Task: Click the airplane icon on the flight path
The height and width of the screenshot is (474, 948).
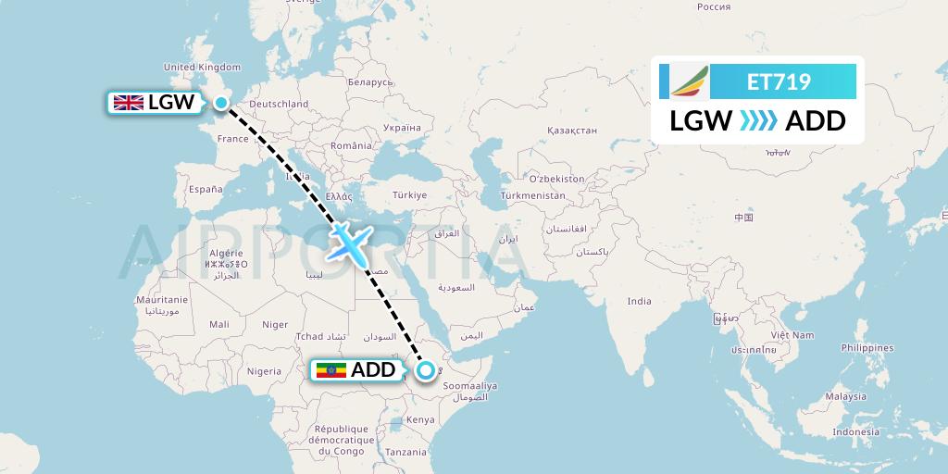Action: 349,242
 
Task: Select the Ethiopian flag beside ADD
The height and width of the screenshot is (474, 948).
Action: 331,371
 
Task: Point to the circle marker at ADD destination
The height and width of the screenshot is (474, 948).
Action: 425,371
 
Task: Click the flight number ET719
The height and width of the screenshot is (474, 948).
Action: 779,82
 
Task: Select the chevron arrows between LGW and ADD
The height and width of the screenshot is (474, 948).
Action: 758,121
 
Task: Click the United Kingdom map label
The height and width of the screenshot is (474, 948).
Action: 202,67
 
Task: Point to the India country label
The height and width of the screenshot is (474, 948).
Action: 639,301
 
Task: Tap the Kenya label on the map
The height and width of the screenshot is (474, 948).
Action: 421,419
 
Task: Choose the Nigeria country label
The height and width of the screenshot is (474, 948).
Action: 264,371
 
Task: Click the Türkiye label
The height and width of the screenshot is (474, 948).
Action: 409,195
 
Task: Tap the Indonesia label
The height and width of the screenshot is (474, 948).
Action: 855,432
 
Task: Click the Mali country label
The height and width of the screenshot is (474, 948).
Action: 219,324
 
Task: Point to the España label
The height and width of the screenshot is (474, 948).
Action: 206,189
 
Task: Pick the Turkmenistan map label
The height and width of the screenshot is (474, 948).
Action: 532,196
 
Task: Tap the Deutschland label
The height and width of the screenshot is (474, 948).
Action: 279,105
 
